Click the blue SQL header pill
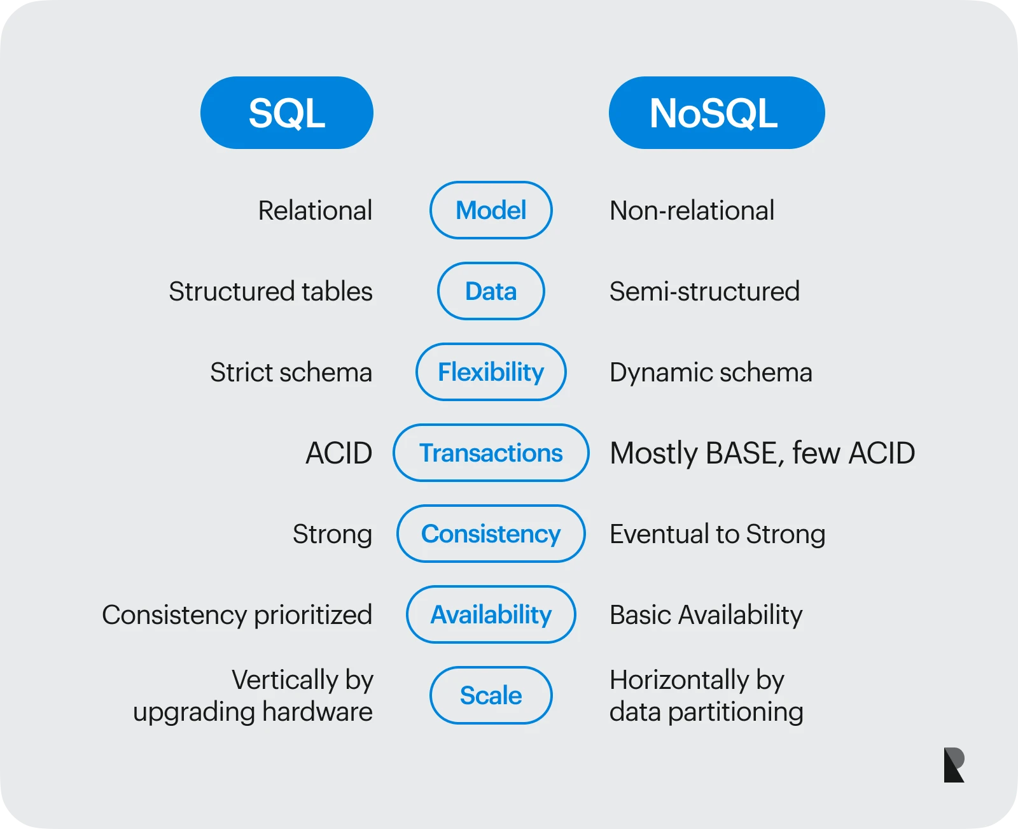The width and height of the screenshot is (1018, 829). click(x=286, y=113)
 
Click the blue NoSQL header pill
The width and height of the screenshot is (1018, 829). click(x=716, y=113)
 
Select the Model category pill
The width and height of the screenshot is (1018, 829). click(x=491, y=210)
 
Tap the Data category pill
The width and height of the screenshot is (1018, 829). click(x=491, y=291)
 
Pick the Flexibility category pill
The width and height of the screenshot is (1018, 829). click(x=491, y=372)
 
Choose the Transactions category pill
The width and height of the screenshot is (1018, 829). click(x=491, y=453)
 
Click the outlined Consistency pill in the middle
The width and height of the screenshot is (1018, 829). click(x=491, y=534)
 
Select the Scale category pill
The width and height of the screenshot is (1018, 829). click(x=491, y=695)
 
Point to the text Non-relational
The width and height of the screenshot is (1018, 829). click(x=692, y=211)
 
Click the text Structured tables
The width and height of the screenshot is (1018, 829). click(x=270, y=292)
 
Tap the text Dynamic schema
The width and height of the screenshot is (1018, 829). click(x=711, y=372)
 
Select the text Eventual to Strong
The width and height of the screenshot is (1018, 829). click(x=717, y=534)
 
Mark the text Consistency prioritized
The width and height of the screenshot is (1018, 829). click(x=237, y=615)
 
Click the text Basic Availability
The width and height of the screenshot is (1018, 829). click(x=706, y=615)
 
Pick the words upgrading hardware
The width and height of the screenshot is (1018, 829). click(x=253, y=712)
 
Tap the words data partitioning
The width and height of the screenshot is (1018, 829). click(x=706, y=712)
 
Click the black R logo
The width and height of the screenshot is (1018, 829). click(x=954, y=765)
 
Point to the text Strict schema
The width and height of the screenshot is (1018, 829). click(x=291, y=372)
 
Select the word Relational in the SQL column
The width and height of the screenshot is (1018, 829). click(x=315, y=211)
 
